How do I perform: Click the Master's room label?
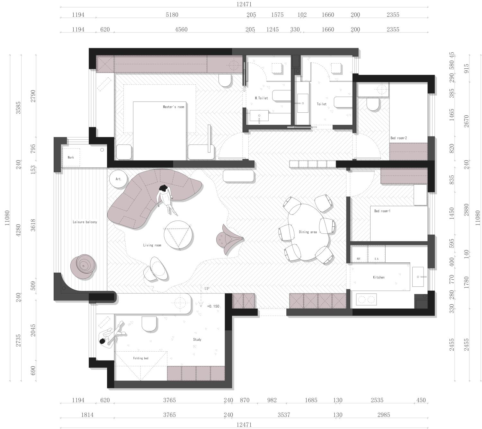[x=174, y=107]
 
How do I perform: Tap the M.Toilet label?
[x=261, y=98]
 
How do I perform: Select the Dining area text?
[x=308, y=232]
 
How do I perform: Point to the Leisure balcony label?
[x=85, y=222]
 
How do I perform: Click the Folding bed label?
[x=141, y=358]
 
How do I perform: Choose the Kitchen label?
[x=379, y=277]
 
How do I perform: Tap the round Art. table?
[x=118, y=179]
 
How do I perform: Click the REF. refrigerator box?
[x=359, y=254]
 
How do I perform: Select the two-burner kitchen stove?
[x=366, y=299]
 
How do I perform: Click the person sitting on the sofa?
[x=165, y=198]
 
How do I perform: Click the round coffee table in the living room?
[x=178, y=235]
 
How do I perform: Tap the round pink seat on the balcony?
[x=83, y=266]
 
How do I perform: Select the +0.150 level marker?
[x=213, y=306]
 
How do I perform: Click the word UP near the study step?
[x=207, y=288]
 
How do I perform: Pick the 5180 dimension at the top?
[x=172, y=15]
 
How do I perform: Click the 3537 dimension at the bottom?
[x=284, y=415]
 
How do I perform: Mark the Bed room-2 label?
[x=398, y=138]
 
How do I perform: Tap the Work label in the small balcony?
[x=71, y=157]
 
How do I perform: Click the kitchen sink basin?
[x=418, y=276]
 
